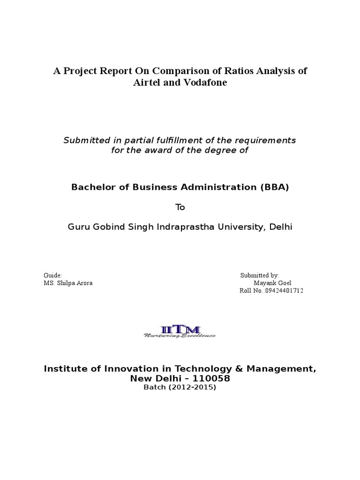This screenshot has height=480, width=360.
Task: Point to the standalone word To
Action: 180,207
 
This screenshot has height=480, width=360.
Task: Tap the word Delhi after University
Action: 281,227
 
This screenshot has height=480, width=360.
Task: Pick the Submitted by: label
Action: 260,276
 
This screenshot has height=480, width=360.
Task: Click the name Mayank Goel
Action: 272,283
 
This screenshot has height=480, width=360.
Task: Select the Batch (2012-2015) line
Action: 180,388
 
